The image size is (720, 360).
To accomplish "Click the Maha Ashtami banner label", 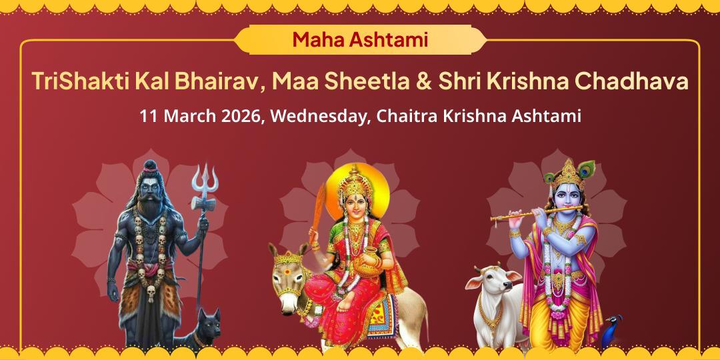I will (x=359, y=39).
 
